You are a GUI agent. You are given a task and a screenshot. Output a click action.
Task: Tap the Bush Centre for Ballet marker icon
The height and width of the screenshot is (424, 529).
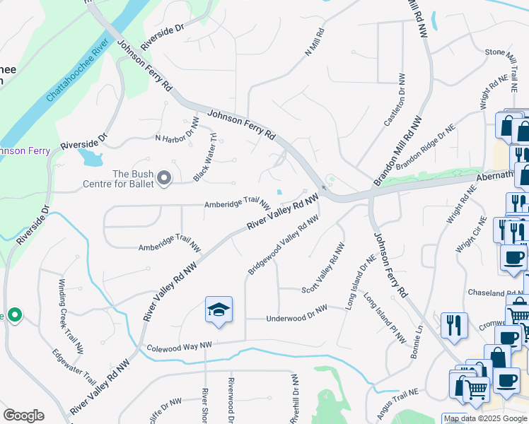(x=164, y=178)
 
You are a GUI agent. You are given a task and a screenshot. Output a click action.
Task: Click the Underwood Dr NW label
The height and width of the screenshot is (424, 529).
(x=296, y=314)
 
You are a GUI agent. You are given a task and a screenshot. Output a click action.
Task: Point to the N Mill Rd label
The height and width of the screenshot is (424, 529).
(x=313, y=43)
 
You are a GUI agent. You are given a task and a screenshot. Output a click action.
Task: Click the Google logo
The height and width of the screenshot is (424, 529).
(x=23, y=416)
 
